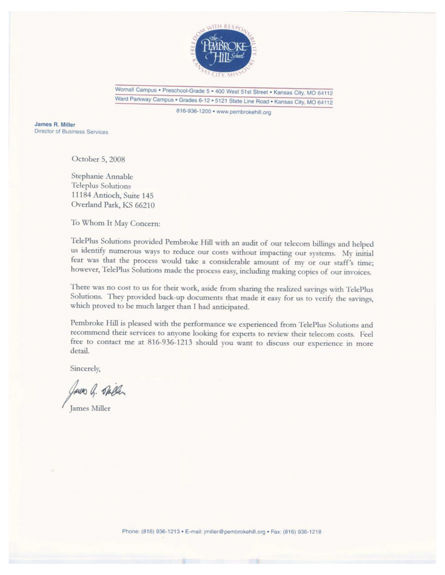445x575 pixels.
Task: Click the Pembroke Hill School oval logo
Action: (x=224, y=50)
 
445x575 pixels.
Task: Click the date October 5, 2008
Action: (x=98, y=159)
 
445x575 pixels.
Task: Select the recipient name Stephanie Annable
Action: (x=102, y=176)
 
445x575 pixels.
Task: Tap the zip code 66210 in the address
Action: (x=143, y=205)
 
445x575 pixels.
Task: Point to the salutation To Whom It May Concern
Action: (x=115, y=223)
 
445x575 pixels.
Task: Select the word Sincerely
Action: (x=85, y=368)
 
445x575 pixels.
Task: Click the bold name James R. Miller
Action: (x=55, y=124)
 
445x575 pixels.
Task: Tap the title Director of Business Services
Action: (x=71, y=132)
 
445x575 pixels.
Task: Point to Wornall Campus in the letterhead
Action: (x=136, y=90)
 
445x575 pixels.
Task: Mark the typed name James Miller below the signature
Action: (x=91, y=408)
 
